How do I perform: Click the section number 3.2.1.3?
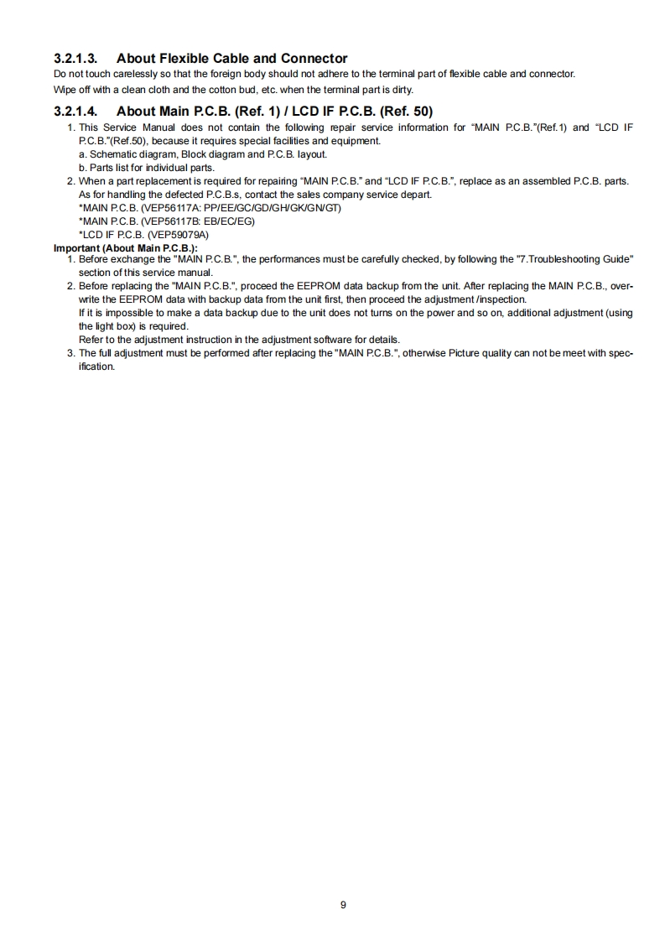point(75,59)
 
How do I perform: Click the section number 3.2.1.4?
point(75,111)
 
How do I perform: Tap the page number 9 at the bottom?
point(344,904)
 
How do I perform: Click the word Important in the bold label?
point(76,248)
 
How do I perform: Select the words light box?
point(98,326)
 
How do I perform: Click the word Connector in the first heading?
point(314,59)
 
